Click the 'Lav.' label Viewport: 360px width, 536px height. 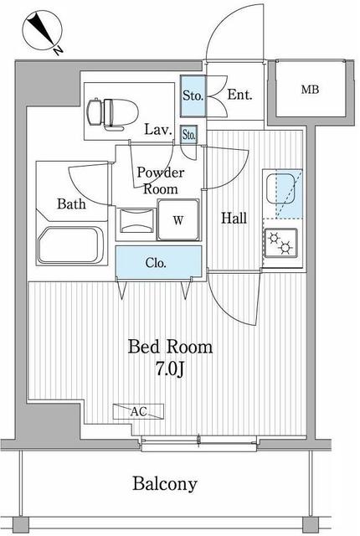pyautogui.click(x=157, y=130)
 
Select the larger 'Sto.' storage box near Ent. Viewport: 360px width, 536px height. pyautogui.click(x=193, y=95)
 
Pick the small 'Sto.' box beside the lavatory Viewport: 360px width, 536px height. pyautogui.click(x=189, y=134)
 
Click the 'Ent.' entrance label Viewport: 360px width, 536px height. pyautogui.click(x=240, y=95)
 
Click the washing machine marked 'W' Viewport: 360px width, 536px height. pyautogui.click(x=178, y=221)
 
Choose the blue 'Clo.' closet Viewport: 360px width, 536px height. pyautogui.click(x=157, y=263)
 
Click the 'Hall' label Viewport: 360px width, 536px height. pyautogui.click(x=234, y=219)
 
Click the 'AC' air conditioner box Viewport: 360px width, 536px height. pyautogui.click(x=140, y=412)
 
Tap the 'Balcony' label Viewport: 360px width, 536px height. pyautogui.click(x=165, y=484)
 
